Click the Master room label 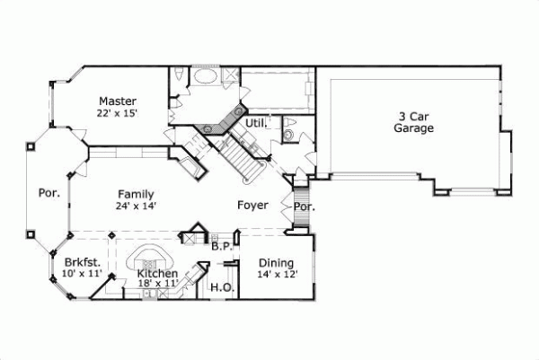(x=118, y=101)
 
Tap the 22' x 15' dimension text (x=118, y=113)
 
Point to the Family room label (x=136, y=194)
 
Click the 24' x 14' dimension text (x=136, y=206)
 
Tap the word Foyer (x=252, y=206)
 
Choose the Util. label (x=255, y=121)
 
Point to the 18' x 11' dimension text (x=156, y=285)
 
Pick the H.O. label (x=221, y=288)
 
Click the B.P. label (x=222, y=244)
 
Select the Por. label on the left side (x=48, y=192)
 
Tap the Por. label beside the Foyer (x=304, y=206)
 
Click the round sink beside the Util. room (x=289, y=133)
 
